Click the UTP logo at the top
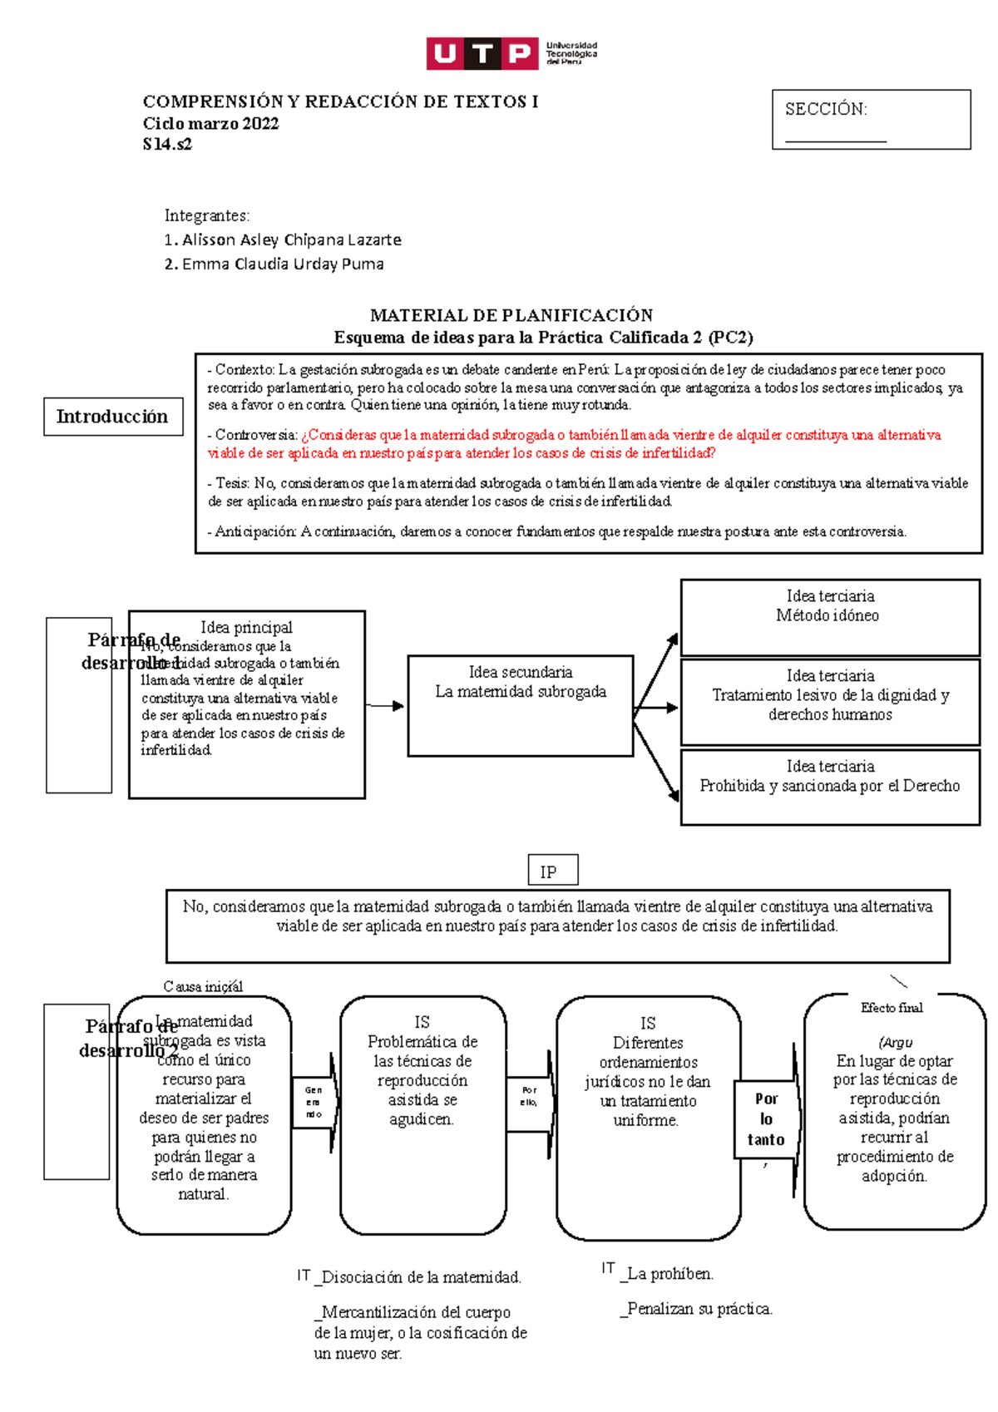click(511, 53)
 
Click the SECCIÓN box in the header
click(870, 120)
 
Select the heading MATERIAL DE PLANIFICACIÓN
click(511, 315)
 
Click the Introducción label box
click(113, 417)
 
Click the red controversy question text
click(574, 444)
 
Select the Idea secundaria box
click(521, 705)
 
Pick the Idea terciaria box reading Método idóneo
click(829, 616)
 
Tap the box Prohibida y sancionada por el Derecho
click(829, 786)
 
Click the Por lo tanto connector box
click(765, 1118)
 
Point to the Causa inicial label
click(203, 986)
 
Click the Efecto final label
click(891, 1007)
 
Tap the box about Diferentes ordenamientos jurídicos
click(647, 1081)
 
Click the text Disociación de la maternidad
click(420, 1277)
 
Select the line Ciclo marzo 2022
click(210, 124)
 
